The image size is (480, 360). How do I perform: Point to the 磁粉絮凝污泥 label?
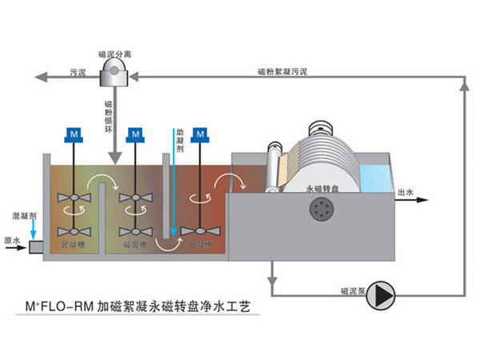(279, 71)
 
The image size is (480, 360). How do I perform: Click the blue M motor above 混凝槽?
(74, 131)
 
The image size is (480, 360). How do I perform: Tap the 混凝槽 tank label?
(73, 243)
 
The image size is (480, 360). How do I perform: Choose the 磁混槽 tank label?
(135, 243)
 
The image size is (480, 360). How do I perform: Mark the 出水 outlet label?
(407, 192)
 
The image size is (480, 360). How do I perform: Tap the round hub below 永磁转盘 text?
(322, 210)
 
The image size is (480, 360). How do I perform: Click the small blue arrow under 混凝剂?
(32, 230)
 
